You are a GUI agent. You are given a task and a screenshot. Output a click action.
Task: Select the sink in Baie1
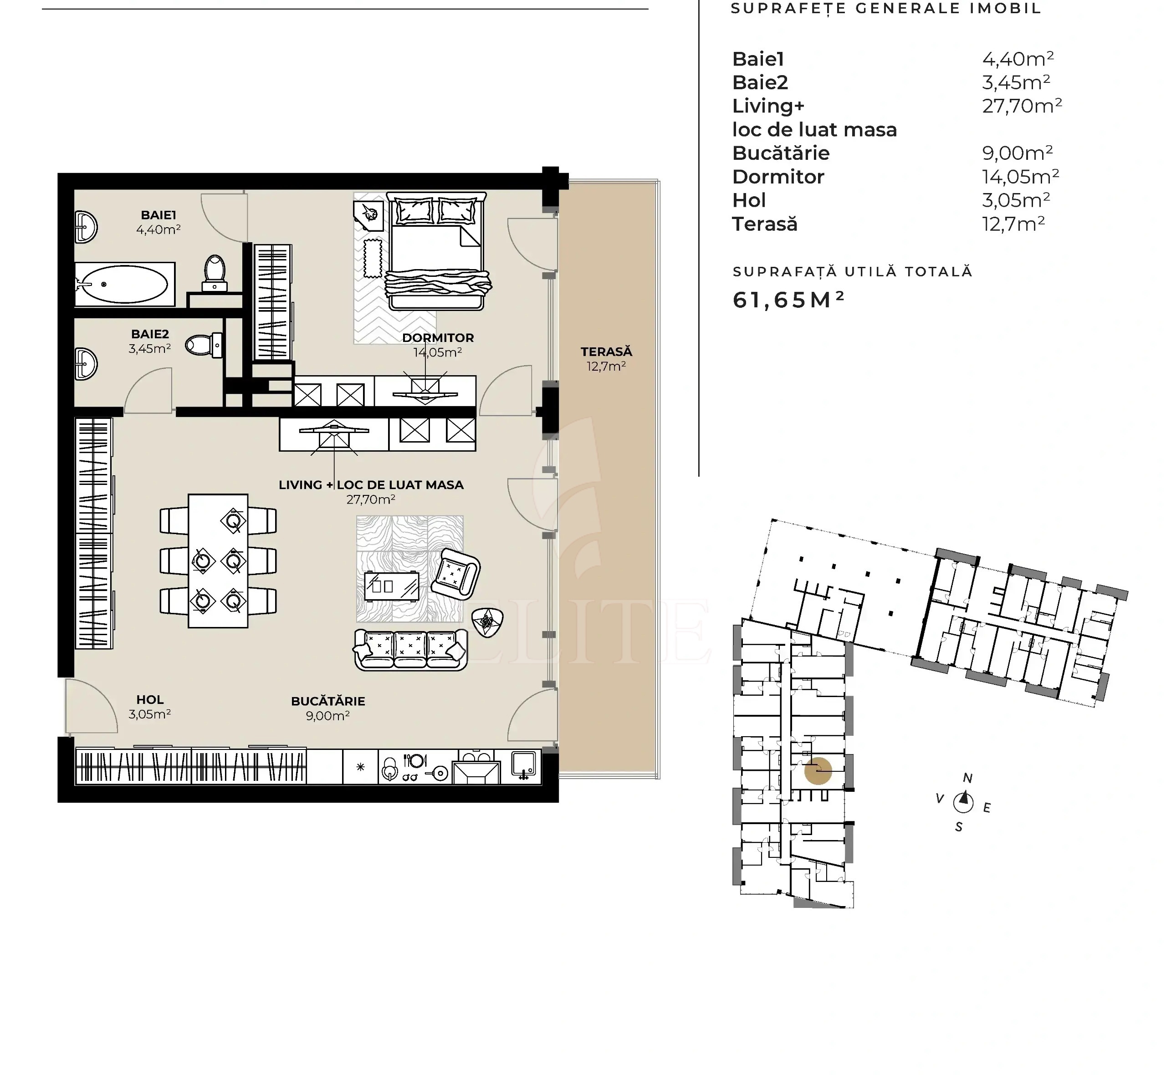86,227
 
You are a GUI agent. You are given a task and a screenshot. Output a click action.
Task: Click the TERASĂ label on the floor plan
606,352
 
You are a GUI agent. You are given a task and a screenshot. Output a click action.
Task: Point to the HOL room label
149,700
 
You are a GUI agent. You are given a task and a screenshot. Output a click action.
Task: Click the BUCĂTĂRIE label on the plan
327,701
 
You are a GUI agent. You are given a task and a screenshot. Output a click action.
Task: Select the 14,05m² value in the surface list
1020,176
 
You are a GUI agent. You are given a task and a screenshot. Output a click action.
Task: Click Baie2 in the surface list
760,82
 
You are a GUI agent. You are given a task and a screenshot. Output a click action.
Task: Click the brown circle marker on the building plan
818,771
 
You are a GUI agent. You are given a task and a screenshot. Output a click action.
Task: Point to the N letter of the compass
967,778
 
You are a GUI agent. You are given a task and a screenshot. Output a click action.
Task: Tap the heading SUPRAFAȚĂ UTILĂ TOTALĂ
852,272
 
